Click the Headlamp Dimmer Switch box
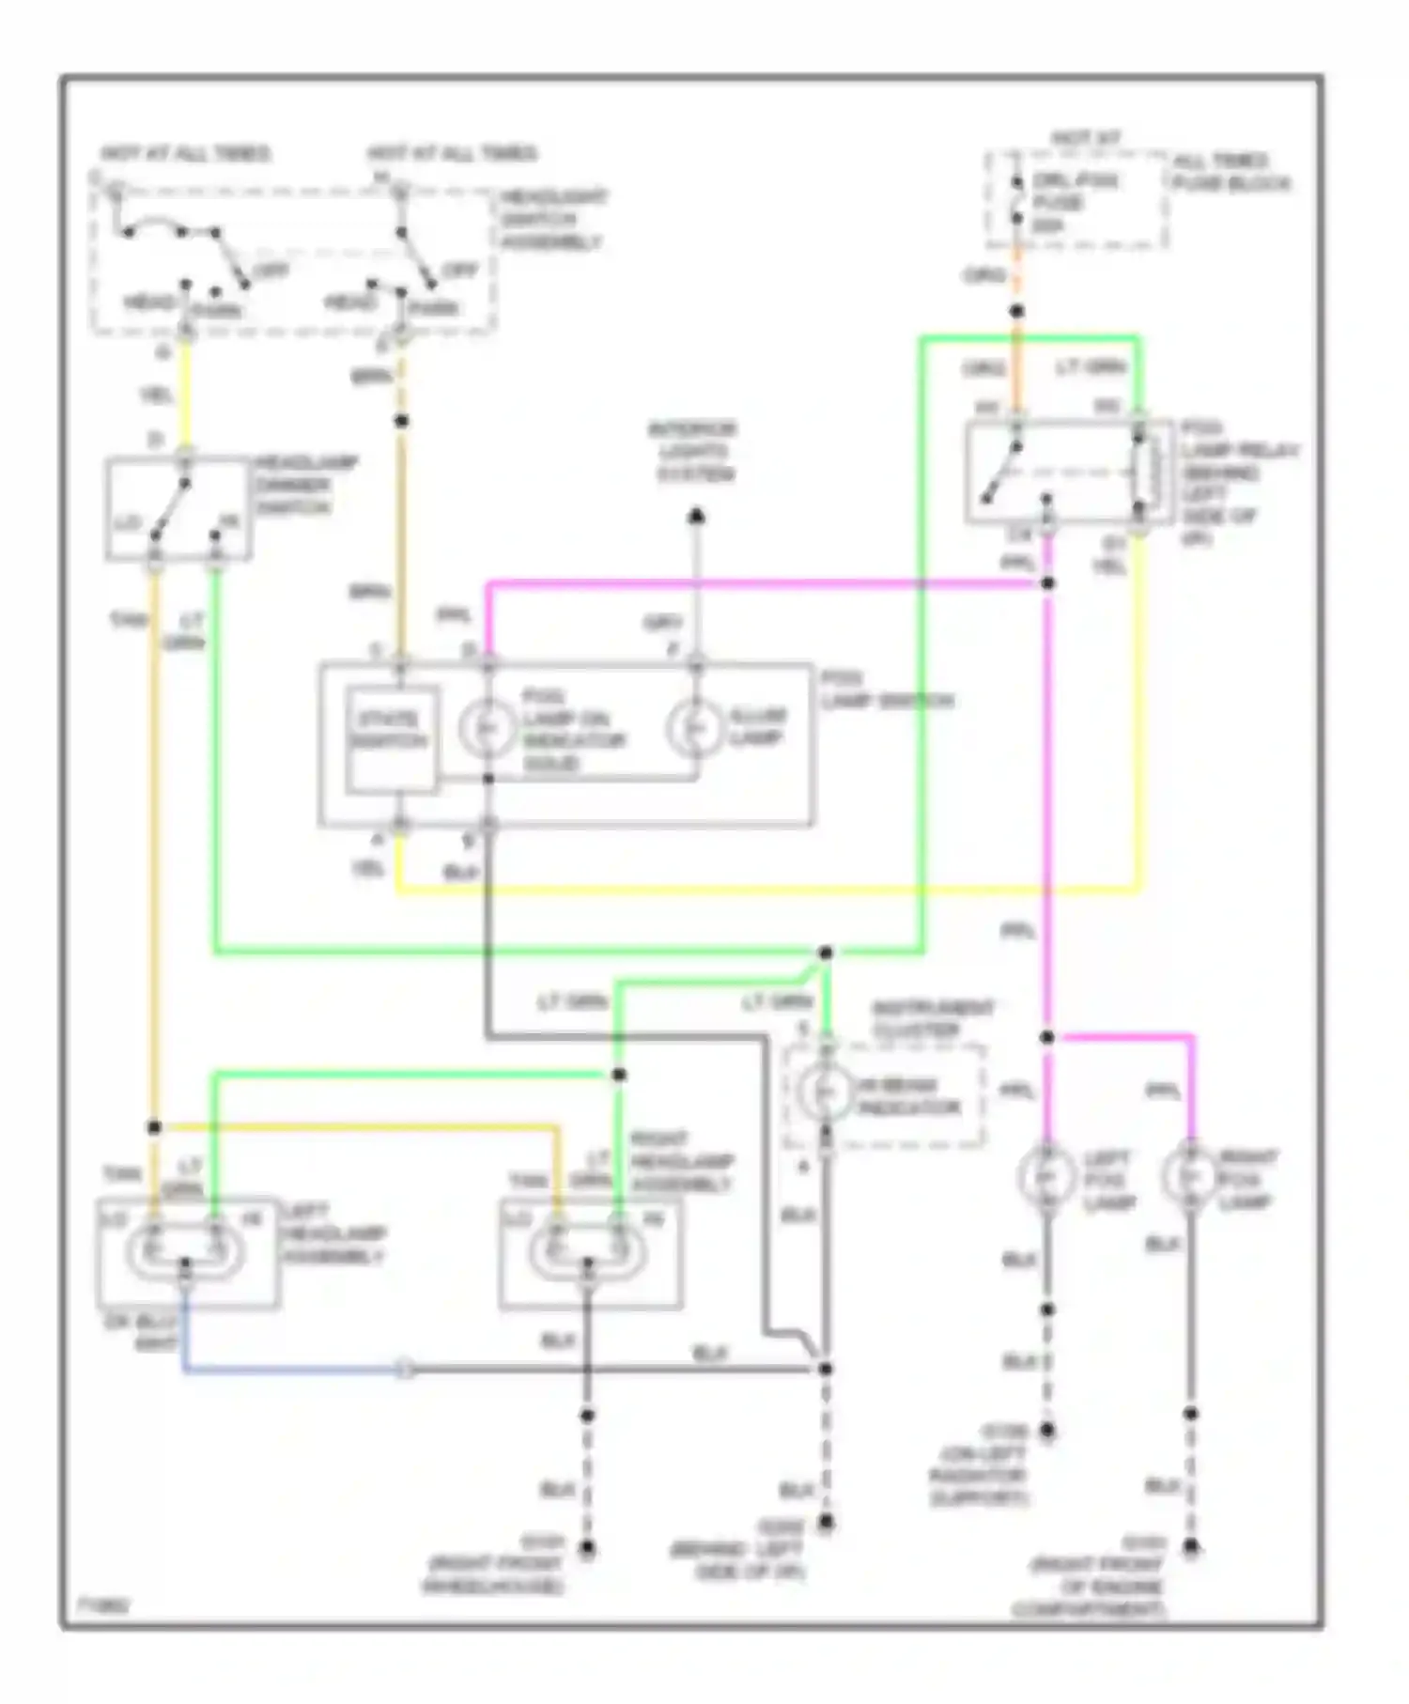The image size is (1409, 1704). (x=178, y=509)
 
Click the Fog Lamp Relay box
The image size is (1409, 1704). (x=1068, y=472)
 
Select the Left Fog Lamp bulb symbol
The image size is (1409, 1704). (x=1046, y=1175)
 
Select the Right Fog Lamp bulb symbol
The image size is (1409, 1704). (x=1190, y=1175)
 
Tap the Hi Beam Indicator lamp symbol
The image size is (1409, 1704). (x=826, y=1092)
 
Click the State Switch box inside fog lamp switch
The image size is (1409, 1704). (x=391, y=739)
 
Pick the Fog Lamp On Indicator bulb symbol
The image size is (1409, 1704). (x=487, y=729)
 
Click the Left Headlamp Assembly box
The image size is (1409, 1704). (x=188, y=1253)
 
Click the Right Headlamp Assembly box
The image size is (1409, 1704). (x=591, y=1253)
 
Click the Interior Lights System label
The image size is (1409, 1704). (x=694, y=452)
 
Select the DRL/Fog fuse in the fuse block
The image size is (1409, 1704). (x=1016, y=202)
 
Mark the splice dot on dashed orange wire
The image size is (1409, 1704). (x=1016, y=311)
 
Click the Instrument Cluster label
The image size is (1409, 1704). (x=932, y=1019)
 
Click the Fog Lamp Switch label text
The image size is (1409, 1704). (x=886, y=690)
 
